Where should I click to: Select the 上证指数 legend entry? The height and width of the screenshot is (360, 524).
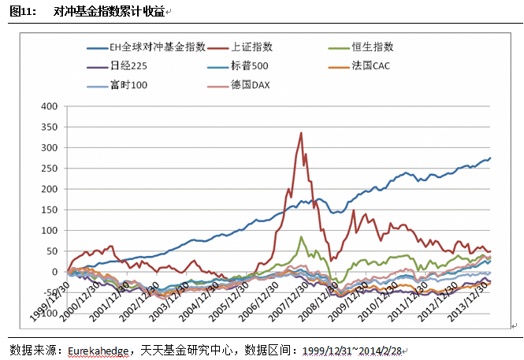click(x=253, y=47)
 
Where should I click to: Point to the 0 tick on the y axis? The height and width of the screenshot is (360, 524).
click(x=55, y=272)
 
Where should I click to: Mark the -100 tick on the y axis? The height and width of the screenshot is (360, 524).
click(x=47, y=314)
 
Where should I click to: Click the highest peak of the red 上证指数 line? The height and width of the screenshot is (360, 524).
click(x=301, y=132)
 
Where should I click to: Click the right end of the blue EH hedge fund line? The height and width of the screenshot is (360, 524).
click(x=490, y=158)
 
